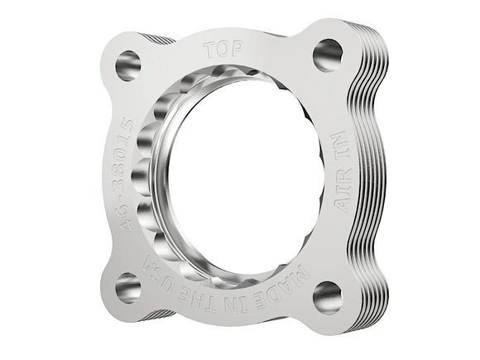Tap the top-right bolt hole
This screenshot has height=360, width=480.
[x=328, y=55]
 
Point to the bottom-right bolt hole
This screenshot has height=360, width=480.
[x=328, y=294]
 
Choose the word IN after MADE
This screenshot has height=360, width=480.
[x=246, y=293]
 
